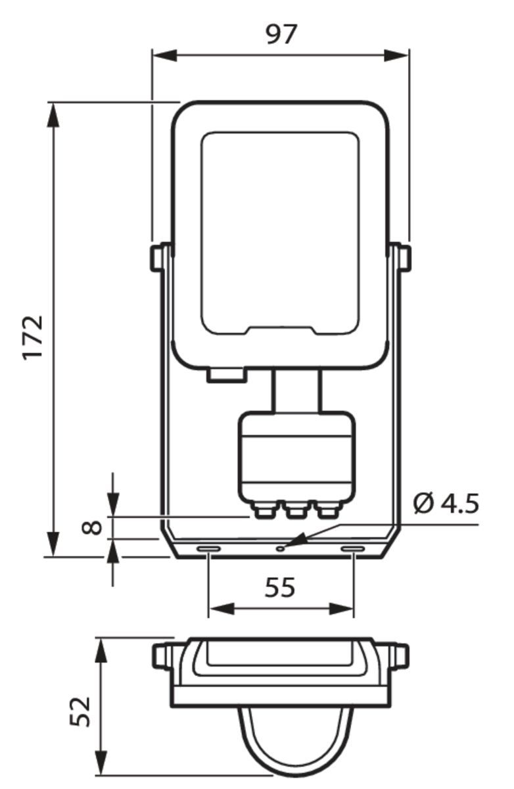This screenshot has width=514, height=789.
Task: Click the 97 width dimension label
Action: tap(281, 34)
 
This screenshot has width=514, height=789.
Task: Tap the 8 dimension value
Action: tap(94, 527)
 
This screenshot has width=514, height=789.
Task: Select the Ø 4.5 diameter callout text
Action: tap(446, 504)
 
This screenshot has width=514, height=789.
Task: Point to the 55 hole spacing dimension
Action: tap(280, 587)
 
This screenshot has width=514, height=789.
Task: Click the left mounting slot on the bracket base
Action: tap(209, 548)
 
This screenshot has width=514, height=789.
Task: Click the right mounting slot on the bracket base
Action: tap(352, 548)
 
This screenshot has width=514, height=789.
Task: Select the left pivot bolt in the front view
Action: tap(157, 257)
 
